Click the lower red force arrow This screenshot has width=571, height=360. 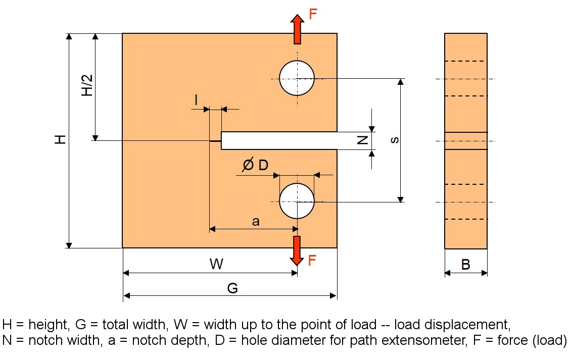pyautogui.click(x=297, y=250)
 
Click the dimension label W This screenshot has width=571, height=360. pyautogui.click(x=216, y=264)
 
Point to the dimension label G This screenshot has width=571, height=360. pyautogui.click(x=232, y=288)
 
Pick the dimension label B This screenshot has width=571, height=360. pyautogui.click(x=466, y=264)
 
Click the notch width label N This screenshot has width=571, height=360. pyautogui.click(x=362, y=140)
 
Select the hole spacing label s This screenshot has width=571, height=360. pyautogui.click(x=395, y=140)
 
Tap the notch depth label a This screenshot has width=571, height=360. pyautogui.click(x=256, y=221)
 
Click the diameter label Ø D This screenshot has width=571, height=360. pyautogui.click(x=255, y=165)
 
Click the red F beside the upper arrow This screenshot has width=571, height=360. pyautogui.click(x=313, y=14)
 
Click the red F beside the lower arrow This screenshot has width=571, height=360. pyautogui.click(x=313, y=261)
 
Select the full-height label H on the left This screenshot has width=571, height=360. pyautogui.click(x=61, y=140)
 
